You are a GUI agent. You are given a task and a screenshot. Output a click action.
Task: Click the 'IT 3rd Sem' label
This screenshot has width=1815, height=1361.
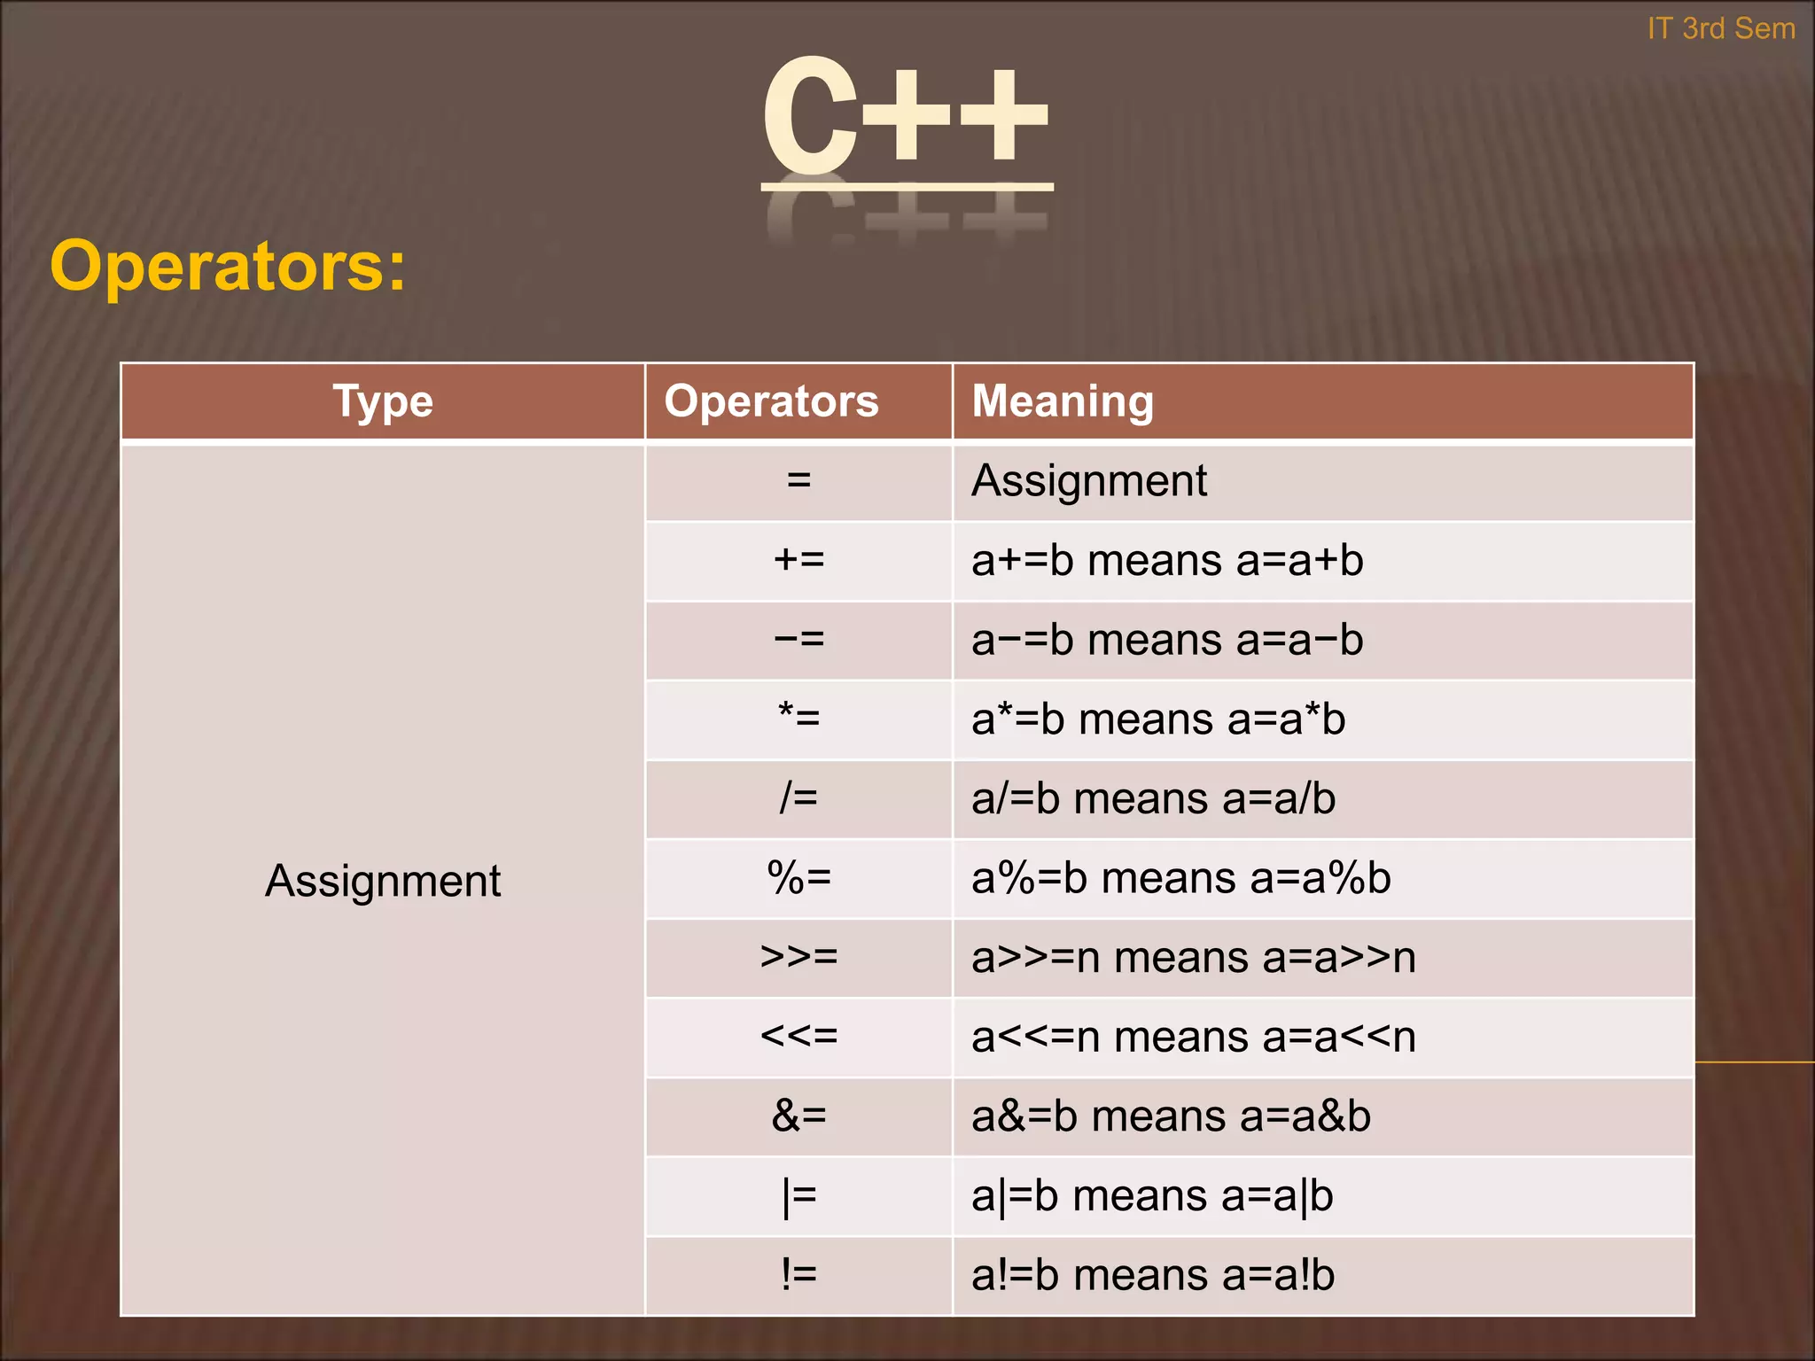[1721, 29]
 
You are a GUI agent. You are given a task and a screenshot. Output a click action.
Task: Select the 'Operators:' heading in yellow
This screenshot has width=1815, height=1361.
[228, 265]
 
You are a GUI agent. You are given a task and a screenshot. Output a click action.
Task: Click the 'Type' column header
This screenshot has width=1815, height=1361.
[383, 401]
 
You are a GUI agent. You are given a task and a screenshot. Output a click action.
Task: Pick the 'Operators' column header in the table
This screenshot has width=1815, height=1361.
[771, 401]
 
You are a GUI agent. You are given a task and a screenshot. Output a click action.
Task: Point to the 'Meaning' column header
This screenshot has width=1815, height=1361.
[1063, 401]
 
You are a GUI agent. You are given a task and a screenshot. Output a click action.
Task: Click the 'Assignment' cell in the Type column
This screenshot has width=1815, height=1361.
[383, 881]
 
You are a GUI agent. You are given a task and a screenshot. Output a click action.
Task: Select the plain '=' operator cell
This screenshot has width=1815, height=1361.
[798, 481]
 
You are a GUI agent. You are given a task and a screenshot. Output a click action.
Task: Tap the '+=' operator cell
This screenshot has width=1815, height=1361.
[798, 560]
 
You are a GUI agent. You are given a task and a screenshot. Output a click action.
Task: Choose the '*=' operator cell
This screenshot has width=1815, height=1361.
[798, 718]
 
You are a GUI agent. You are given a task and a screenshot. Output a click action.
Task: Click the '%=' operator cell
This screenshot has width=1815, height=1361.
[798, 878]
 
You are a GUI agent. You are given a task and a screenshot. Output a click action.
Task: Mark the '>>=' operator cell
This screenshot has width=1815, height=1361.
[798, 957]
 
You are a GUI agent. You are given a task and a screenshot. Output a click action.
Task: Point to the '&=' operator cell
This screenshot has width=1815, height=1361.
[798, 1116]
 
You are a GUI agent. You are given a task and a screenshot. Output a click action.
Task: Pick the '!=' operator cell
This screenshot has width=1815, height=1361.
[798, 1275]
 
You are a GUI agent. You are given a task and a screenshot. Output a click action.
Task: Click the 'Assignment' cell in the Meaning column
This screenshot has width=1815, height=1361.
[1089, 481]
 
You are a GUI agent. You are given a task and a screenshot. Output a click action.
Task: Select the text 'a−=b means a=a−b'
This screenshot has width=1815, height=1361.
[1167, 640]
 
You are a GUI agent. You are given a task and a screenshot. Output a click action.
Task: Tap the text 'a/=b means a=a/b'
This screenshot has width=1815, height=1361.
[1153, 798]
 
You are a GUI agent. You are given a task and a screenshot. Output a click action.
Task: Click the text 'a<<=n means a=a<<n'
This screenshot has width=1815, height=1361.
[1193, 1037]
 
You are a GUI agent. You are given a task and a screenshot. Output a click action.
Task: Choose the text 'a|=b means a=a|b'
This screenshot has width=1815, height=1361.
[1152, 1196]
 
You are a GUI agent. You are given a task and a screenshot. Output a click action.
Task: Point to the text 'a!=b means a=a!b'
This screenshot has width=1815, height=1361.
[1152, 1275]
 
